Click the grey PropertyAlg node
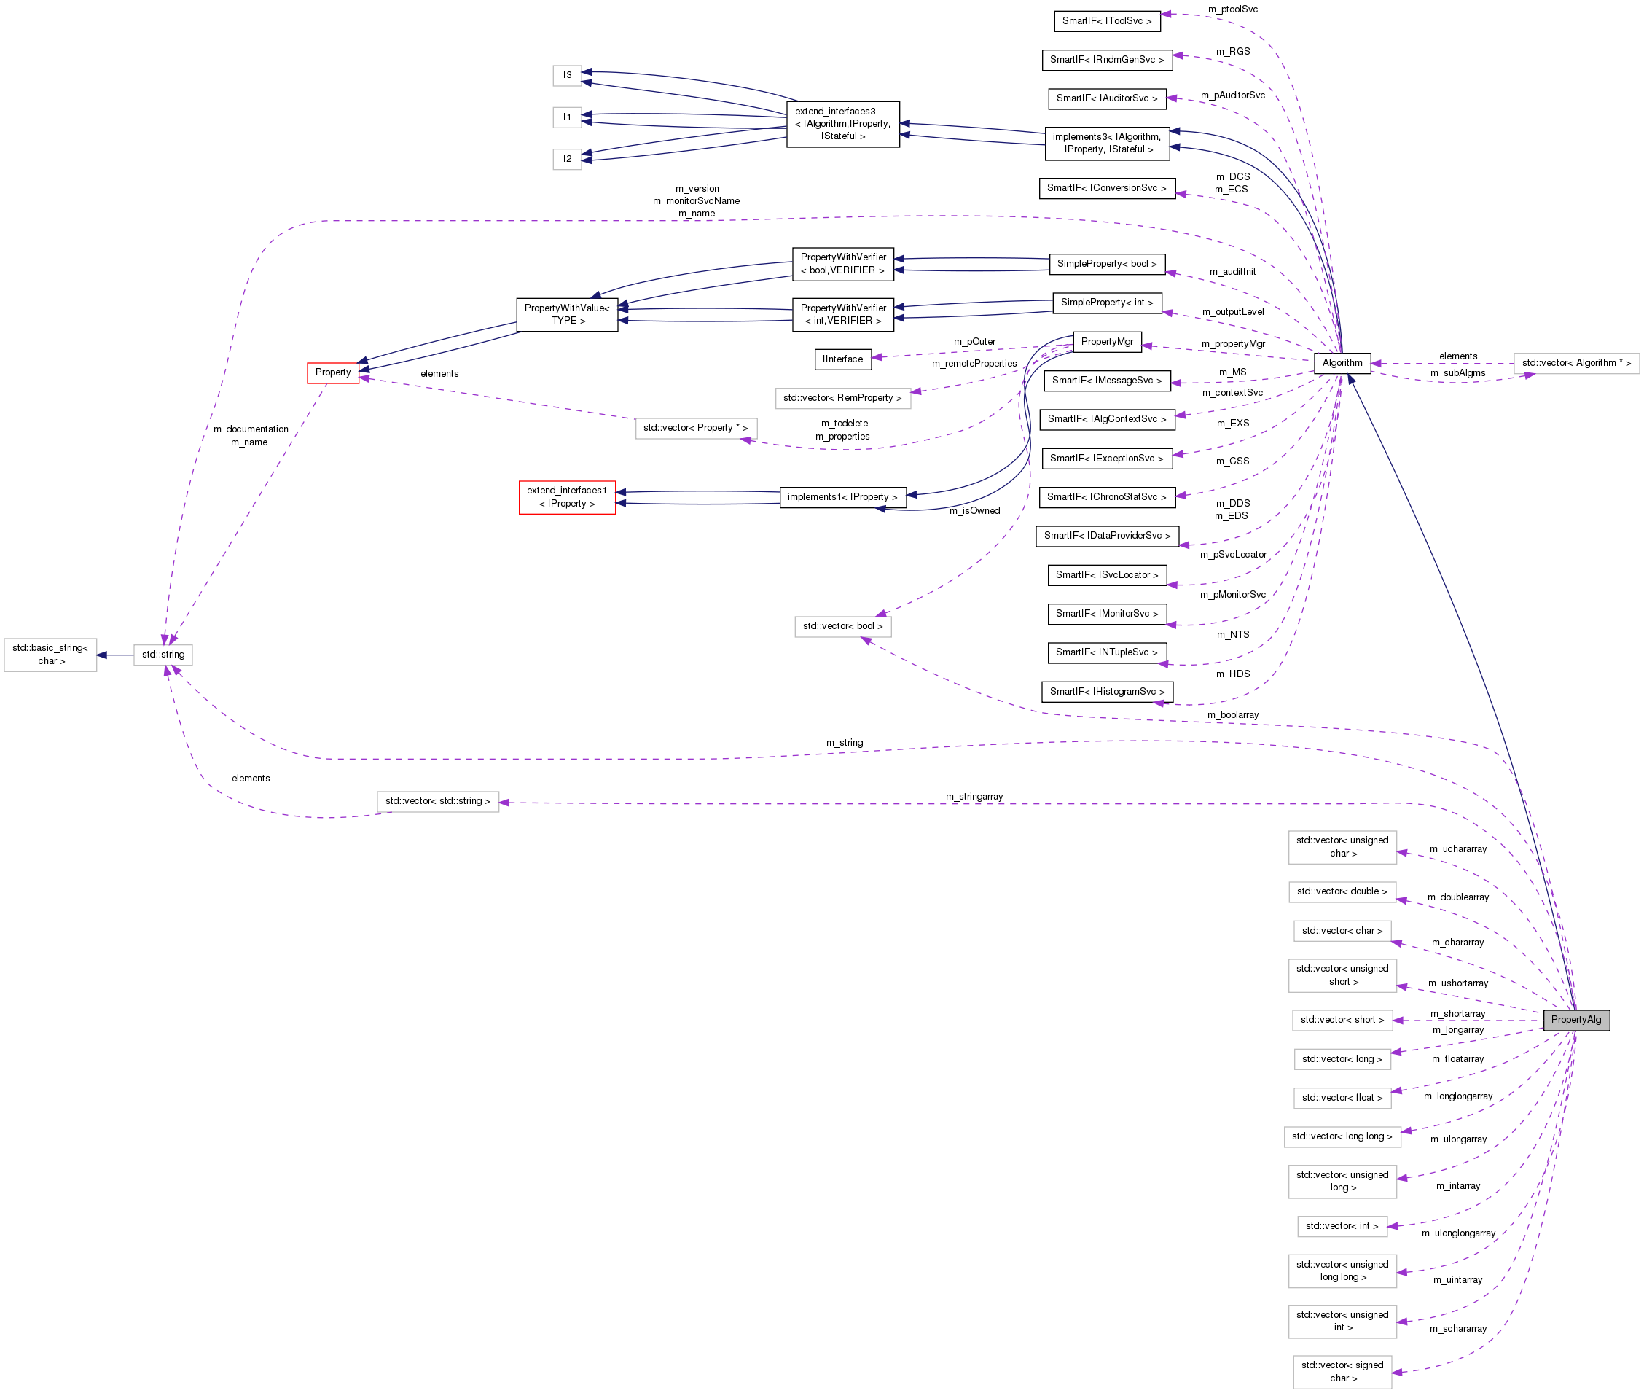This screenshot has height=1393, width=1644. coord(1575,1020)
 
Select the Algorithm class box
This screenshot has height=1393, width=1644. coord(1342,363)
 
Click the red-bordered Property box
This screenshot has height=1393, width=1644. coord(333,372)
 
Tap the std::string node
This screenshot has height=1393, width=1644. coord(163,655)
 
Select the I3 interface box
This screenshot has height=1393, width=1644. coord(567,75)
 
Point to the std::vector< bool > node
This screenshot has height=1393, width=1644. coord(843,626)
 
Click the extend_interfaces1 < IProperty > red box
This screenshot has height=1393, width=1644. coord(567,496)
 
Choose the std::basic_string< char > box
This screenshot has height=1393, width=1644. coord(50,655)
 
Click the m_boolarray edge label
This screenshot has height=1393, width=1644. coord(1233,714)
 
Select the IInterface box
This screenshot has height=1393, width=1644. coord(842,359)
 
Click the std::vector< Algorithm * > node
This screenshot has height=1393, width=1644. coord(1576,363)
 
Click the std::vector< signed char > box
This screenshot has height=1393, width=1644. coord(1342,1372)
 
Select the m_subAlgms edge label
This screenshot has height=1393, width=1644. coord(1457,372)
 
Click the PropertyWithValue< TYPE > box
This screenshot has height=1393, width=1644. coord(567,314)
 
